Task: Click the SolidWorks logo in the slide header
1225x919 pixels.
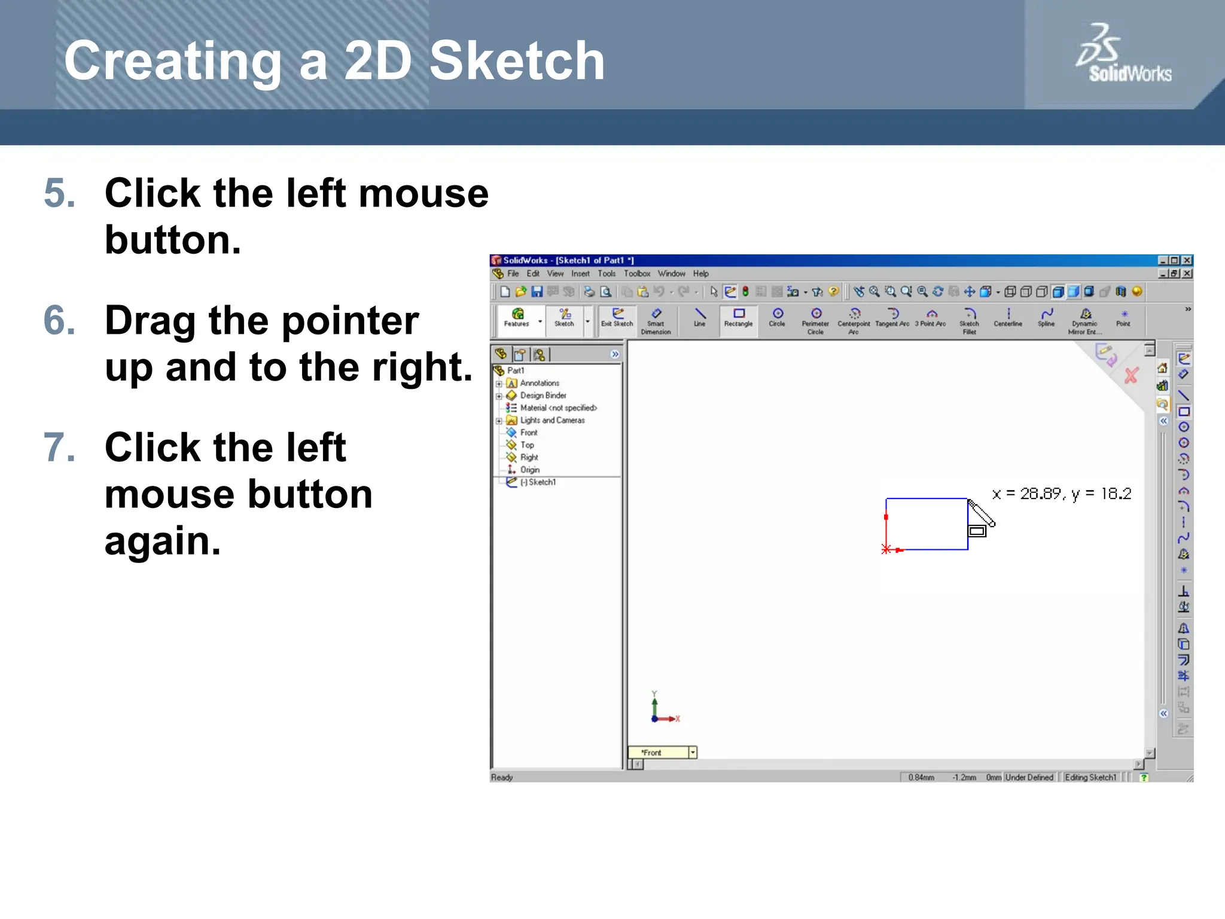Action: click(1123, 54)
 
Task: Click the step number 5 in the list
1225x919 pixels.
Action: click(60, 194)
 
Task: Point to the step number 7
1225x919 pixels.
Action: click(60, 448)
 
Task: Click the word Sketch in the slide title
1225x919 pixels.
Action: click(517, 61)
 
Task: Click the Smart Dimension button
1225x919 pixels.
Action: click(656, 321)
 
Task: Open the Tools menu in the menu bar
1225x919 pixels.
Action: click(607, 274)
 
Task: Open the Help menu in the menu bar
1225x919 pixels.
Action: click(701, 274)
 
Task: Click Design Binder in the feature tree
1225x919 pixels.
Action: click(543, 395)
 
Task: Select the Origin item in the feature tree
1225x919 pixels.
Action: click(529, 470)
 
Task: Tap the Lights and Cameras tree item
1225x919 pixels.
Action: click(552, 421)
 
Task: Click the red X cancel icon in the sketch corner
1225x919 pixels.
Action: click(1131, 376)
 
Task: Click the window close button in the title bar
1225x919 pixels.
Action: click(1187, 260)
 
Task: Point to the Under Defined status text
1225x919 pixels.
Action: click(1029, 777)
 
